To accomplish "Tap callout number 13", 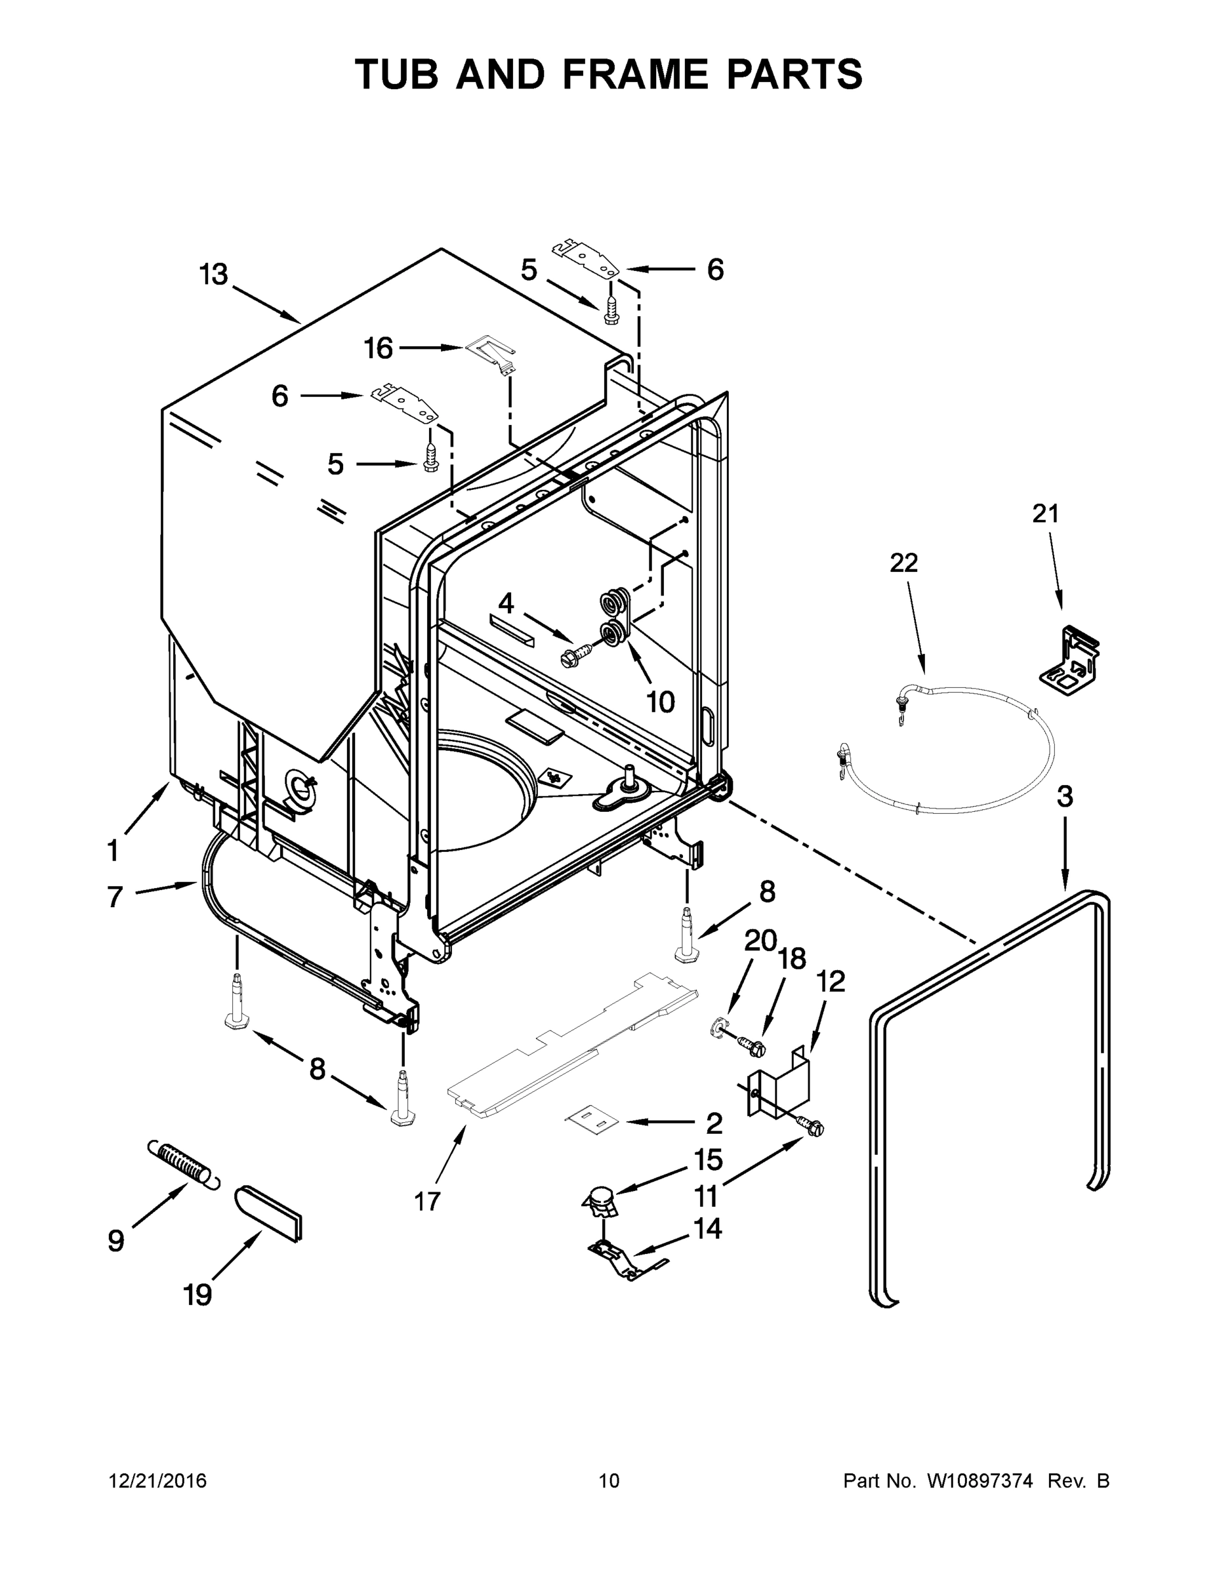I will (214, 275).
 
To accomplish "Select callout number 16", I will (378, 349).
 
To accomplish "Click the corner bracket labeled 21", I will (1073, 658).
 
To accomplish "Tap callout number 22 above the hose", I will (904, 563).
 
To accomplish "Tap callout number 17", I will (428, 1201).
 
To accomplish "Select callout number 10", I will (660, 701).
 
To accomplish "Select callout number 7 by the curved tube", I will (115, 897).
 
